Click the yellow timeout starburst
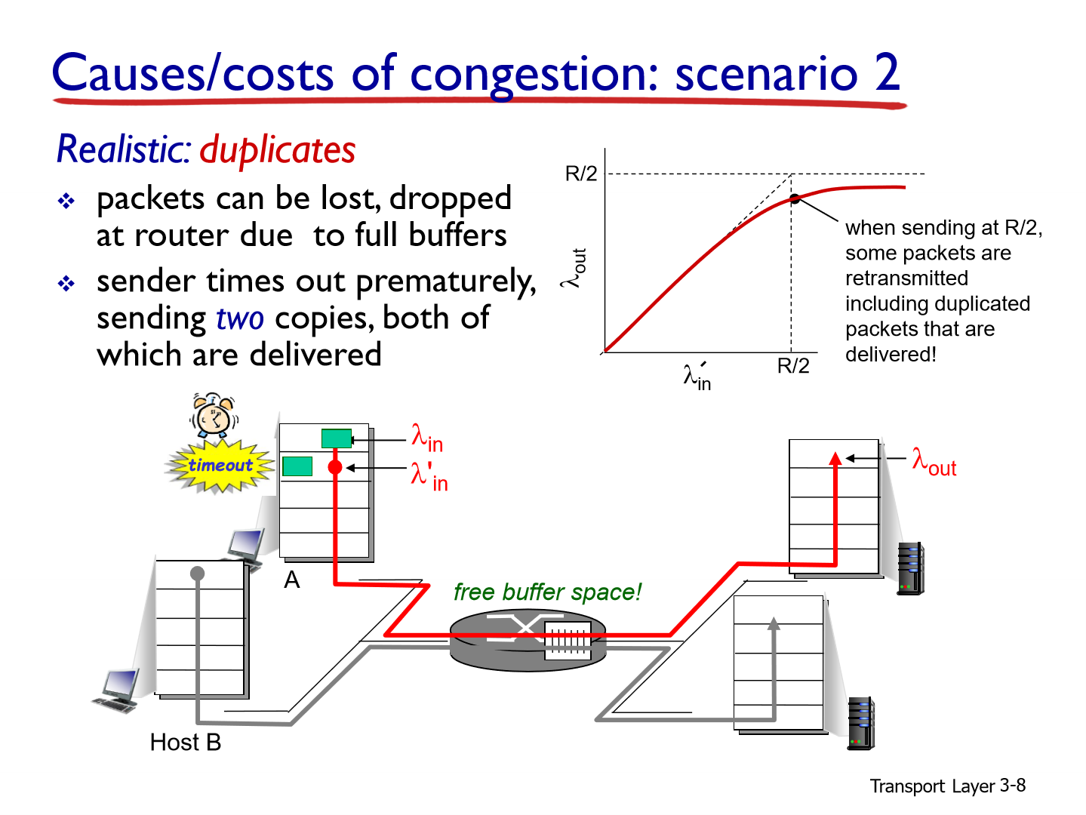click(x=220, y=466)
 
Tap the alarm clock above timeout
click(x=214, y=415)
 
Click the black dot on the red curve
click(x=794, y=199)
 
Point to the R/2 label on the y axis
click(x=581, y=174)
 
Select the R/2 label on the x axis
click(x=793, y=366)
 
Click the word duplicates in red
click(x=278, y=150)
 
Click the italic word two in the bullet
click(x=240, y=318)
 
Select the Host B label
click(x=186, y=743)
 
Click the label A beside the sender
click(x=292, y=580)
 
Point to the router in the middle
click(x=528, y=640)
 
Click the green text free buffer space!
click(x=547, y=592)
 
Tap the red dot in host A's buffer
click(x=335, y=468)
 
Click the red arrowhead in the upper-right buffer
click(x=835, y=458)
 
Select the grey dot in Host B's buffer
click(x=198, y=574)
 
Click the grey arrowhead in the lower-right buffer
click(x=774, y=623)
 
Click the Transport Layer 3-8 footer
click(x=947, y=786)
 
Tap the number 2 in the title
click(x=888, y=73)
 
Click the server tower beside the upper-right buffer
click(x=911, y=568)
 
